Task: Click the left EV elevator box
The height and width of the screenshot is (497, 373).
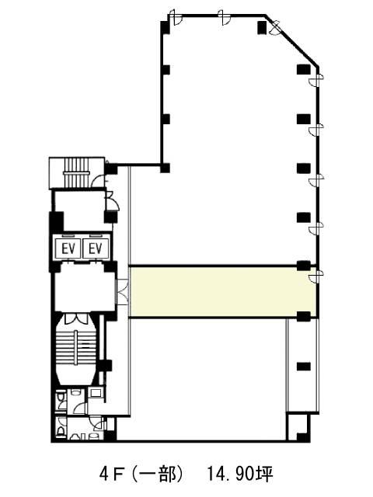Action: tap(69, 248)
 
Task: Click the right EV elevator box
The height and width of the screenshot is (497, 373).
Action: tap(96, 248)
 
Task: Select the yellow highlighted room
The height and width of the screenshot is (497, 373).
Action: tap(223, 292)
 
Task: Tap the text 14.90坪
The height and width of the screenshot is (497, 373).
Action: tap(239, 474)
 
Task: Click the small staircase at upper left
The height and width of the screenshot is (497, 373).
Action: tap(76, 173)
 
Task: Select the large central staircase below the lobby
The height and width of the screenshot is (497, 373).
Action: tap(76, 349)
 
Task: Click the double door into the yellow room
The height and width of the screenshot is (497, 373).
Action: tap(123, 292)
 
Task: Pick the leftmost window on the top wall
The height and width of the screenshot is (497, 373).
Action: tap(175, 16)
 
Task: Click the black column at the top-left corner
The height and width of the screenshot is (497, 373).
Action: tap(165, 27)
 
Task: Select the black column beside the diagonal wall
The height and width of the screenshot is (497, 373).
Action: tap(262, 27)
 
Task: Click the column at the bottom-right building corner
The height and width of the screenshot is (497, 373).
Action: tap(303, 436)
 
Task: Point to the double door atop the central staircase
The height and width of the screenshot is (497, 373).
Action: tap(76, 318)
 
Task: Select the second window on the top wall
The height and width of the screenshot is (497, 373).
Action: tap(225, 16)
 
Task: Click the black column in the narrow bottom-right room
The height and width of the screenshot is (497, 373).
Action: tap(303, 367)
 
